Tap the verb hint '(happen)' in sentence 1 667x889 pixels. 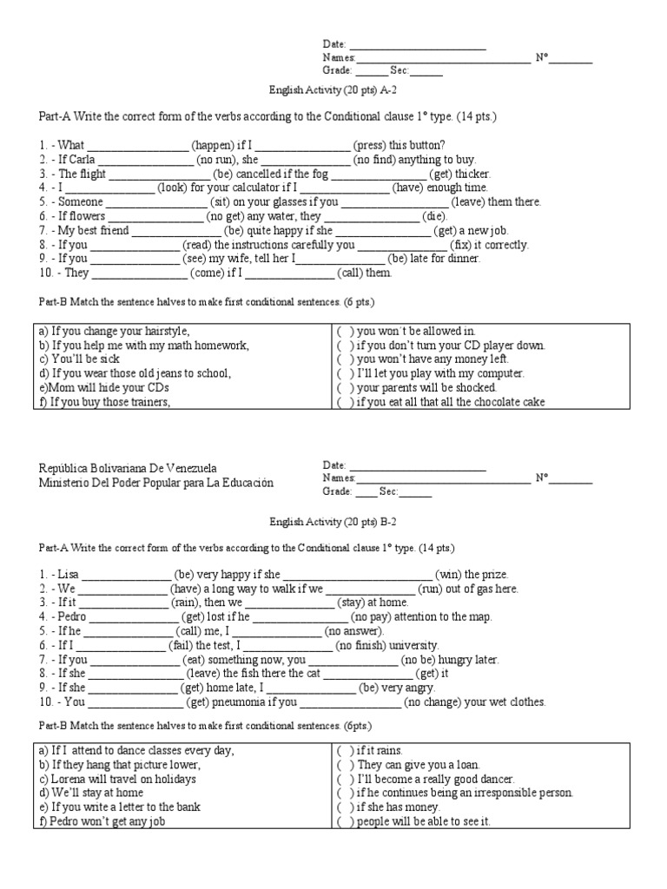tap(212, 146)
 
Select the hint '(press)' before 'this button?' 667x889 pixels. tap(369, 146)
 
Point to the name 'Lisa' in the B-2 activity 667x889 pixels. tap(68, 575)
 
